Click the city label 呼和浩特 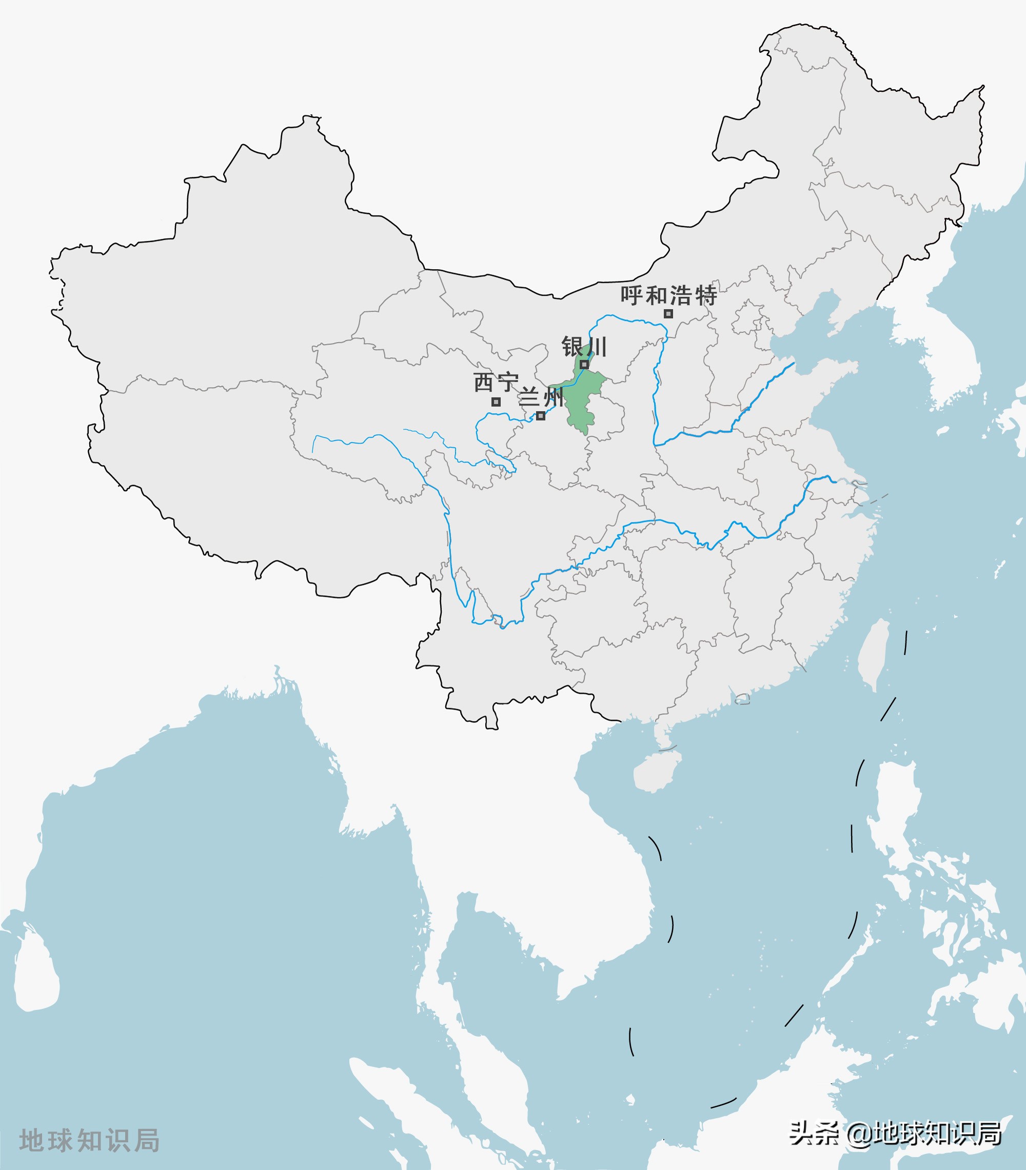pyautogui.click(x=669, y=296)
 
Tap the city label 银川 pyautogui.click(x=584, y=347)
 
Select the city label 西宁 pyautogui.click(x=496, y=382)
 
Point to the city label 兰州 pyautogui.click(x=541, y=396)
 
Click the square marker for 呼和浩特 pyautogui.click(x=668, y=314)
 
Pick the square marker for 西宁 pyautogui.click(x=496, y=402)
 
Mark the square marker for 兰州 pyautogui.click(x=541, y=416)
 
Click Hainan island pyautogui.click(x=656, y=772)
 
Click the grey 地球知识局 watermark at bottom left pyautogui.click(x=89, y=1140)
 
